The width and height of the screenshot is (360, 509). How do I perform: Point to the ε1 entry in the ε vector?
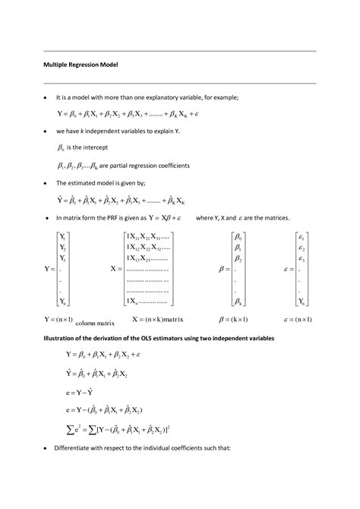click(x=302, y=237)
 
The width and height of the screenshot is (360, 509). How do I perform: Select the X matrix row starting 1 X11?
click(x=149, y=237)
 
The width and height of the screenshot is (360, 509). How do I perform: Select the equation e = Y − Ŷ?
click(x=74, y=394)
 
